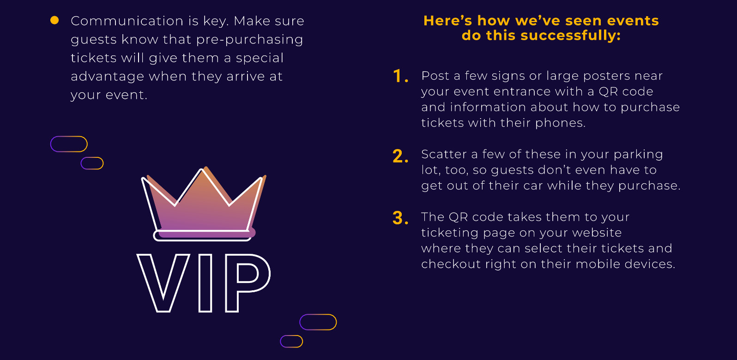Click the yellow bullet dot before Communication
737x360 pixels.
(54, 20)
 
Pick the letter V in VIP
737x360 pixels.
(163, 282)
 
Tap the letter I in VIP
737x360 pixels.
(205, 282)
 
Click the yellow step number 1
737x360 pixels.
(399, 76)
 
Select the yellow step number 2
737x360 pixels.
(400, 156)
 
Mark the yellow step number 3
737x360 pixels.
(400, 218)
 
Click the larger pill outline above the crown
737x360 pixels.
(69, 144)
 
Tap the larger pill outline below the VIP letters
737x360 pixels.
(318, 322)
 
